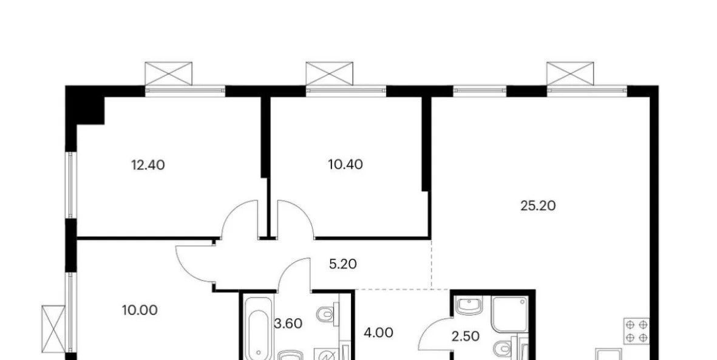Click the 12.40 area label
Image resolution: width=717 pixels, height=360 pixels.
click(x=148, y=165)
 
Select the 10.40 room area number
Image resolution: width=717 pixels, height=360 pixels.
click(x=345, y=165)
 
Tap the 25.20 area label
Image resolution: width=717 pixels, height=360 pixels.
click(x=539, y=206)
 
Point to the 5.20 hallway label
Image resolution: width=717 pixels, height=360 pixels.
click(x=342, y=264)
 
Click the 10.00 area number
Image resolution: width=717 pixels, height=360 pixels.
click(x=140, y=310)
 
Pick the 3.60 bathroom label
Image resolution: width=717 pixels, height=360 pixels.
click(x=288, y=324)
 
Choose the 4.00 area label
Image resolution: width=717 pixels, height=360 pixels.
click(x=379, y=333)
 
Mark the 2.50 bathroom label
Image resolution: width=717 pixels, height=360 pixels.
click(x=465, y=337)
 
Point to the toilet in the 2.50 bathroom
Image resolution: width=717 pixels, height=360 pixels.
click(x=504, y=350)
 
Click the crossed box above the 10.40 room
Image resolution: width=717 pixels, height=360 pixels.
click(x=330, y=73)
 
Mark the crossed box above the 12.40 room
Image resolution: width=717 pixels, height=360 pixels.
click(x=169, y=73)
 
